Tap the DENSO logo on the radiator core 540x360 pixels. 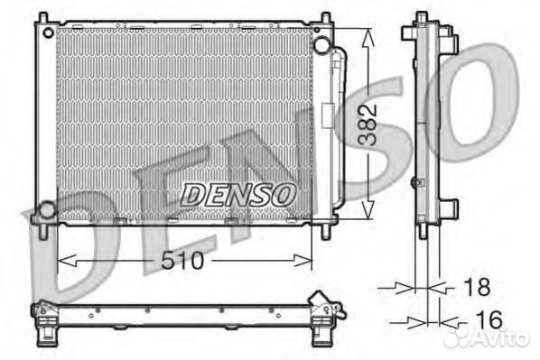point(237,193)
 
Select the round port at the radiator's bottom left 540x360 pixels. point(45,210)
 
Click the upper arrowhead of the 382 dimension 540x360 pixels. point(367,33)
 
